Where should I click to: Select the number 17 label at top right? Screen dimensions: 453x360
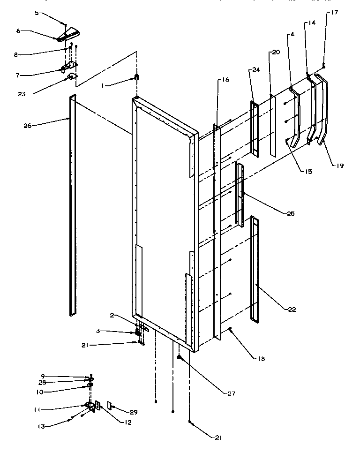coord(334,13)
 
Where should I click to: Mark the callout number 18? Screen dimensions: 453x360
coord(261,359)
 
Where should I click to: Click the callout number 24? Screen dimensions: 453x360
coord(256,70)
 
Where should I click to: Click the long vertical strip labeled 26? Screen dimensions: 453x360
coord(73,206)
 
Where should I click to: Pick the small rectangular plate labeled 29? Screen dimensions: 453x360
coord(109,405)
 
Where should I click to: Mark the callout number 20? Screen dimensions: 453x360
coord(275,53)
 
